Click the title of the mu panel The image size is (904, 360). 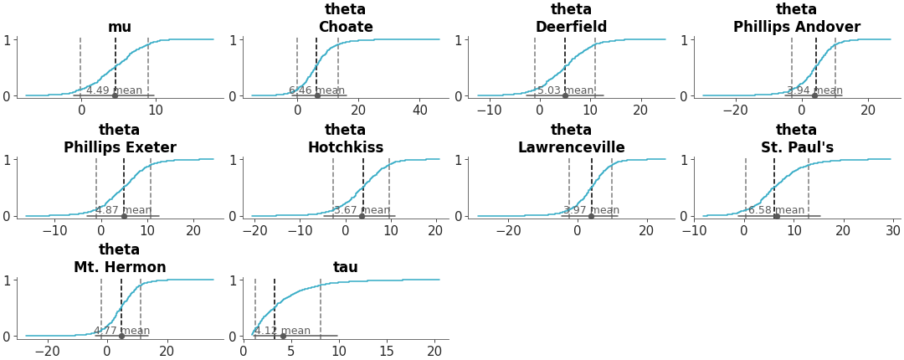pyautogui.click(x=120, y=28)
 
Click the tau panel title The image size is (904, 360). pyautogui.click(x=346, y=268)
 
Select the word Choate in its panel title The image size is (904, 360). pyautogui.click(x=346, y=28)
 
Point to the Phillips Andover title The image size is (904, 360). pyautogui.click(x=796, y=28)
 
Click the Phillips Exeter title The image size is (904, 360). pyautogui.click(x=120, y=148)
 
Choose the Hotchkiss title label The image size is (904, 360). pyautogui.click(x=346, y=148)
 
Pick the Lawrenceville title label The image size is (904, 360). pyautogui.click(x=571, y=148)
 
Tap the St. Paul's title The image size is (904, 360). pyautogui.click(x=796, y=148)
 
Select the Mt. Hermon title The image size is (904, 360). pyautogui.click(x=120, y=268)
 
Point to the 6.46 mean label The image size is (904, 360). pyautogui.click(x=316, y=90)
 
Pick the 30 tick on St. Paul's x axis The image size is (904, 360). pyautogui.click(x=892, y=231)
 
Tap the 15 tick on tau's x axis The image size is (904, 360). pyautogui.click(x=387, y=352)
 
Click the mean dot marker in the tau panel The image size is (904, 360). pyautogui.click(x=283, y=337)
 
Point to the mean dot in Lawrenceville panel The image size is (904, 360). pyautogui.click(x=591, y=216)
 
